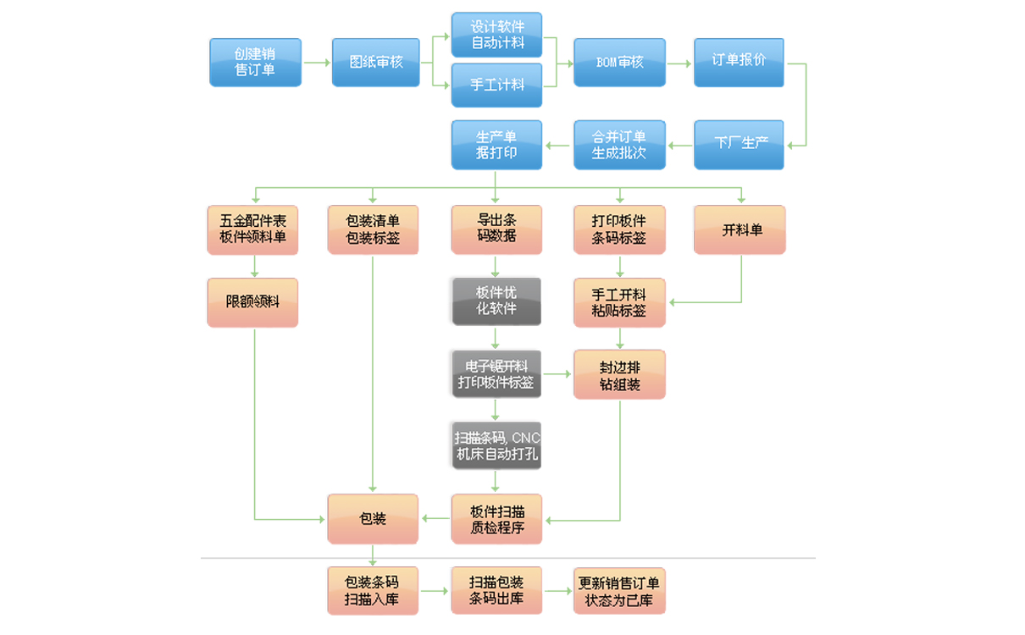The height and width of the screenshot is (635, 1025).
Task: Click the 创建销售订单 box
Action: pyautogui.click(x=255, y=62)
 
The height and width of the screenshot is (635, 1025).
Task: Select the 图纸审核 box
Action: pyautogui.click(x=375, y=62)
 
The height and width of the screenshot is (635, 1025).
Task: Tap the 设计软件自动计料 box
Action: pyautogui.click(x=496, y=35)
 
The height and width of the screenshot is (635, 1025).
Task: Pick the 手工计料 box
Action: pyautogui.click(x=496, y=85)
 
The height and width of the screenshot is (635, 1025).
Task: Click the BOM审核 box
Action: pyautogui.click(x=619, y=62)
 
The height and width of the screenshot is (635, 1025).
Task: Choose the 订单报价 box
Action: pyautogui.click(x=739, y=62)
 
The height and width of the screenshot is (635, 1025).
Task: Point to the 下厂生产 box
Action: pyautogui.click(x=739, y=144)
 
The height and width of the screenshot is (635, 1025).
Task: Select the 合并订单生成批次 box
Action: pyautogui.click(x=619, y=144)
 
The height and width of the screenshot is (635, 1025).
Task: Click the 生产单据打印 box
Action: pyautogui.click(x=496, y=144)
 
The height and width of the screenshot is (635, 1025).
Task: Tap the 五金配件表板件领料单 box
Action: pyautogui.click(x=252, y=229)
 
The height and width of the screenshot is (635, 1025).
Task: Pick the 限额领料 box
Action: pyautogui.click(x=252, y=301)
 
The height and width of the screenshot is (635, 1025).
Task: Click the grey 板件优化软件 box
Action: pyautogui.click(x=496, y=301)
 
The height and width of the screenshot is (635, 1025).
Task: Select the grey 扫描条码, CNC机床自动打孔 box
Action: pyautogui.click(x=496, y=445)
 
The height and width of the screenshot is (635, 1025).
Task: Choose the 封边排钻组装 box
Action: pyautogui.click(x=619, y=374)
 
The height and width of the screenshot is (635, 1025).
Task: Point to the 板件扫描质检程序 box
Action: pyautogui.click(x=496, y=518)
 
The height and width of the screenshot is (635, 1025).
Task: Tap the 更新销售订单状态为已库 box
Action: pyautogui.click(x=619, y=590)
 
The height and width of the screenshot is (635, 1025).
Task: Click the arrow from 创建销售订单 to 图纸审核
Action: pyautogui.click(x=316, y=63)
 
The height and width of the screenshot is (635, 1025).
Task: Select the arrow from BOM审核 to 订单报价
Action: pyautogui.click(x=679, y=63)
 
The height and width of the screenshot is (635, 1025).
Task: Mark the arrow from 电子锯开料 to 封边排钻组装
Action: pyautogui.click(x=557, y=373)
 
